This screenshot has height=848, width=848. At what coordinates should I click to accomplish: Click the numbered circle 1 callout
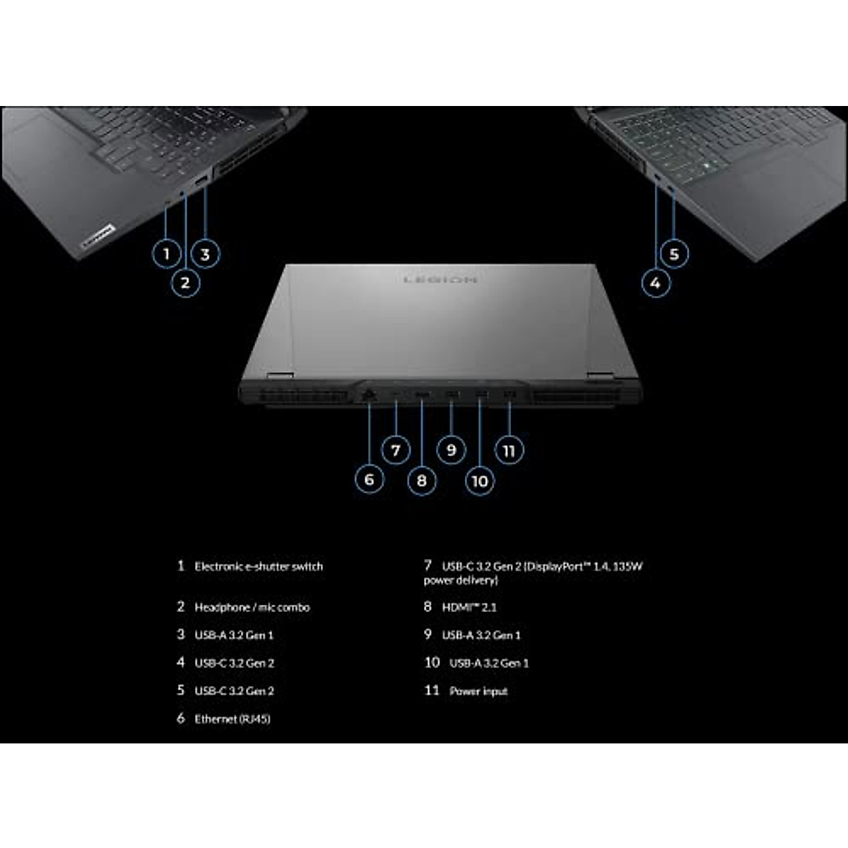pos(167,254)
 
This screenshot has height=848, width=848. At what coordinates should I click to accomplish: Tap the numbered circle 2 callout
pos(185,283)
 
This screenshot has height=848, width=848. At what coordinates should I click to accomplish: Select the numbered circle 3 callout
pos(205,254)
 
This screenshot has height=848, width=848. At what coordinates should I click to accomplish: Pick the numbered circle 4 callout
pos(656,283)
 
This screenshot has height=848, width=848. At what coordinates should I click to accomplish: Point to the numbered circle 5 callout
pos(674,254)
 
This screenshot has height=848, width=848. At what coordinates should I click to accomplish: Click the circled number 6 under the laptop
pos(369,480)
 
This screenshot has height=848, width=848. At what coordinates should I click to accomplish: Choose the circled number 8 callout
pos(422,481)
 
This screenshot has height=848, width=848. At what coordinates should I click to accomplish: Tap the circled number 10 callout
pos(480,481)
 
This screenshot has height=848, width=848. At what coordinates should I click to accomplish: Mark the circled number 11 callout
pos(509,450)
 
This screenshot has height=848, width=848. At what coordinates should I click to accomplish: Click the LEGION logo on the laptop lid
pos(440,280)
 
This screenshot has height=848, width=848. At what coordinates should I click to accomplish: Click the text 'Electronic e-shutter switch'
pos(259,566)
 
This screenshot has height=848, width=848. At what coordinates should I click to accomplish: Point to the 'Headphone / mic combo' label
pos(252,607)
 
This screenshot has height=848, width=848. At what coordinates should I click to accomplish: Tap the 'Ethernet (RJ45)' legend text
pos(232,719)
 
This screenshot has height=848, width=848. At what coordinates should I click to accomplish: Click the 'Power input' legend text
pos(478,691)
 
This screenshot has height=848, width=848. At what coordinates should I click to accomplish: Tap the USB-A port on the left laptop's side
pos(201,182)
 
